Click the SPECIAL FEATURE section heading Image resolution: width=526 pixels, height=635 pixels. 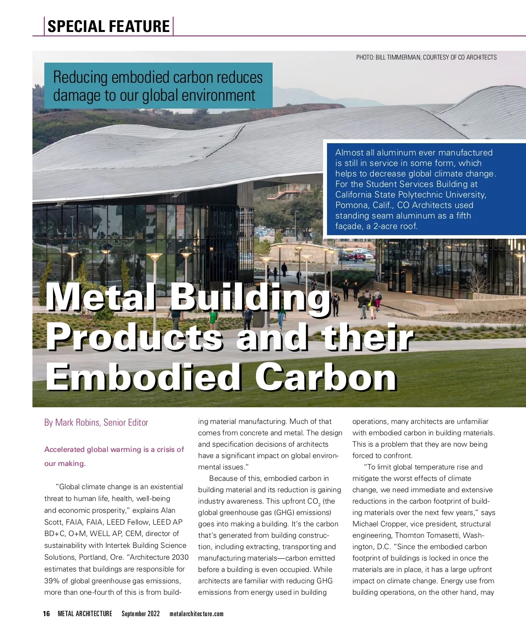click(108, 26)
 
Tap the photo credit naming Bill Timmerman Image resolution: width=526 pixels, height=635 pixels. click(426, 57)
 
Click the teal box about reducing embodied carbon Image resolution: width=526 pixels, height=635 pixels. click(158, 86)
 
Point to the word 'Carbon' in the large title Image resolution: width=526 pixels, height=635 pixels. click(326, 377)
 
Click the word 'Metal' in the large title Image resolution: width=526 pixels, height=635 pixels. click(101, 298)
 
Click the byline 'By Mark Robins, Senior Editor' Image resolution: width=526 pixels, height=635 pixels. click(96, 423)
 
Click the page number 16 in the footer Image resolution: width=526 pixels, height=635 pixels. click(46, 614)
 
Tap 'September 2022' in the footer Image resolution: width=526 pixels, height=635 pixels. click(141, 614)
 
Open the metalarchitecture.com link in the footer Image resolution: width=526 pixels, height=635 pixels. click(196, 614)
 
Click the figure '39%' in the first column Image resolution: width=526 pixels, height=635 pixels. click(52, 581)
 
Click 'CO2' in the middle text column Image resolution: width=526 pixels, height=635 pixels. click(313, 501)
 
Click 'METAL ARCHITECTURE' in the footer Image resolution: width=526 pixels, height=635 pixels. click(85, 614)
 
